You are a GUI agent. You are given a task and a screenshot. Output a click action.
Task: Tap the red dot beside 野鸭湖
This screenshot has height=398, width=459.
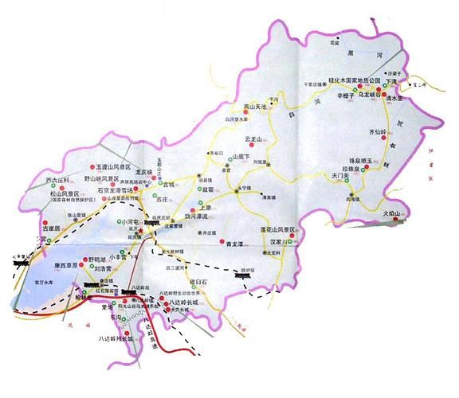tap(82, 259)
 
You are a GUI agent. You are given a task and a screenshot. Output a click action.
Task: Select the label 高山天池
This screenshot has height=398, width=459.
tap(257, 105)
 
